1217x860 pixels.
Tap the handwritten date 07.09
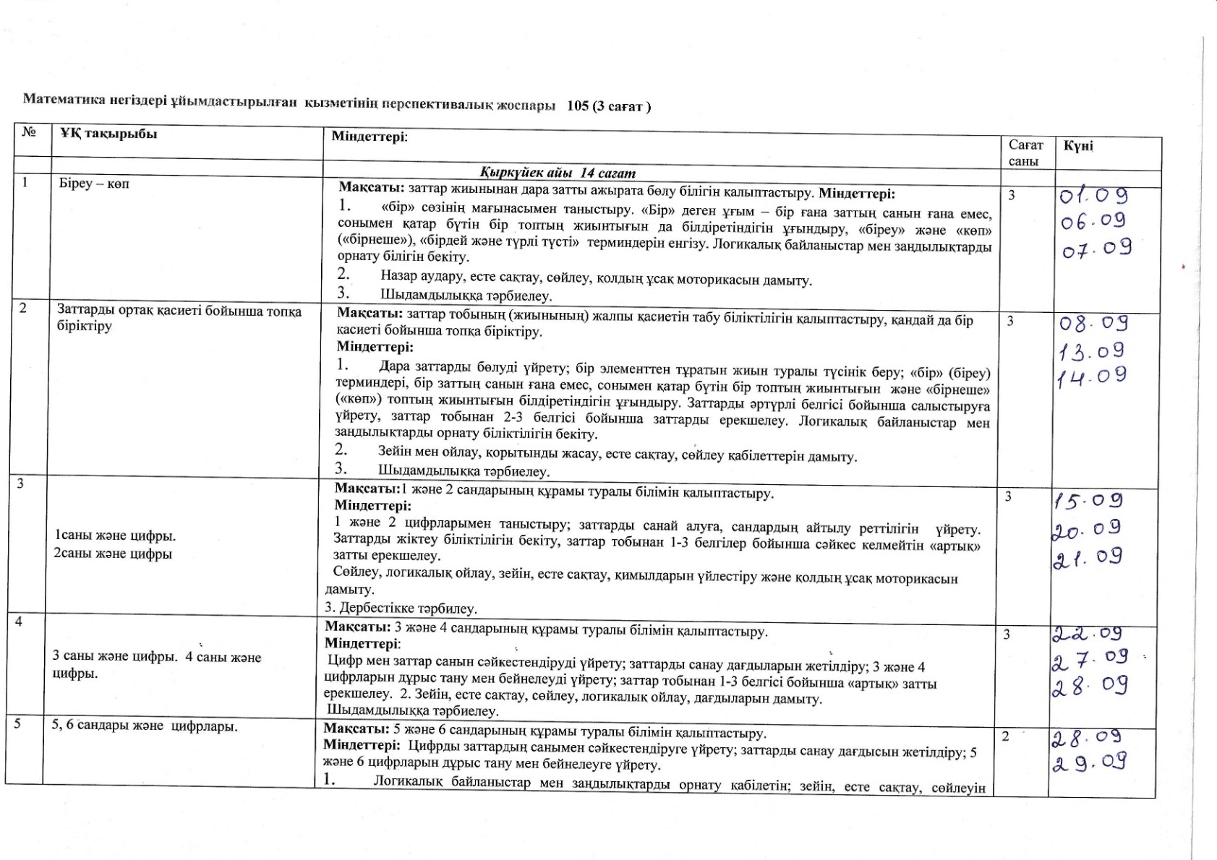click(x=1096, y=250)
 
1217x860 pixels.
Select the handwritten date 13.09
click(x=1091, y=352)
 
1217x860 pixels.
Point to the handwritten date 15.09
click(x=1088, y=500)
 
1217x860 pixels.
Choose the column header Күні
click(x=1078, y=146)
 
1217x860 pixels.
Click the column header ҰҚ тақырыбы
click(x=108, y=134)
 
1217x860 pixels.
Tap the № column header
click(x=29, y=132)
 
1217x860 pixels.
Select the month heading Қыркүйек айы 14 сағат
click(x=557, y=173)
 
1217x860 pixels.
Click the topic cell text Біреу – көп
click(x=94, y=184)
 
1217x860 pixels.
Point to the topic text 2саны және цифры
click(x=114, y=554)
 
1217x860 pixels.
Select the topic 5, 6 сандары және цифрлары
click(x=145, y=726)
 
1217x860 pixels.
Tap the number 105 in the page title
click(x=578, y=106)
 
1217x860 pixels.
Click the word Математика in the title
click(x=58, y=99)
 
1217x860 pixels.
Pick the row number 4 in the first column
click(x=19, y=621)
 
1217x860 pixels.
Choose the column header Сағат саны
click(x=1025, y=152)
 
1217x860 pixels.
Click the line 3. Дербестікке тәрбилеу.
click(x=401, y=607)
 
